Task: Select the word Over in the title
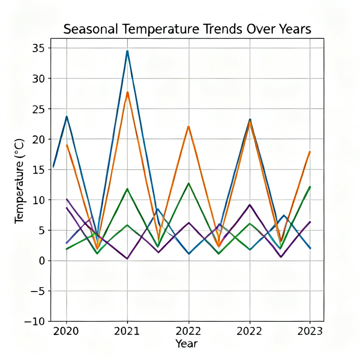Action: (x=256, y=30)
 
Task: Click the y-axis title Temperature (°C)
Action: (x=20, y=181)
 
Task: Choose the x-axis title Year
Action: (x=186, y=343)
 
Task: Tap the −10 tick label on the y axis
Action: (x=37, y=321)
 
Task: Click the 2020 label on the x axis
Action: (x=66, y=331)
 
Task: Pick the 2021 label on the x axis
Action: (x=127, y=331)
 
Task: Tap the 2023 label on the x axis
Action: (x=310, y=331)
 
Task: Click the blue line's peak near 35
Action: (x=127, y=51)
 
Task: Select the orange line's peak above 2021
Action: (x=128, y=92)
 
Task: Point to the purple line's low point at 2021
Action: (x=127, y=259)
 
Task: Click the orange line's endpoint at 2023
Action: (x=310, y=152)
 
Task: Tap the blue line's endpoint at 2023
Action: (x=310, y=248)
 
